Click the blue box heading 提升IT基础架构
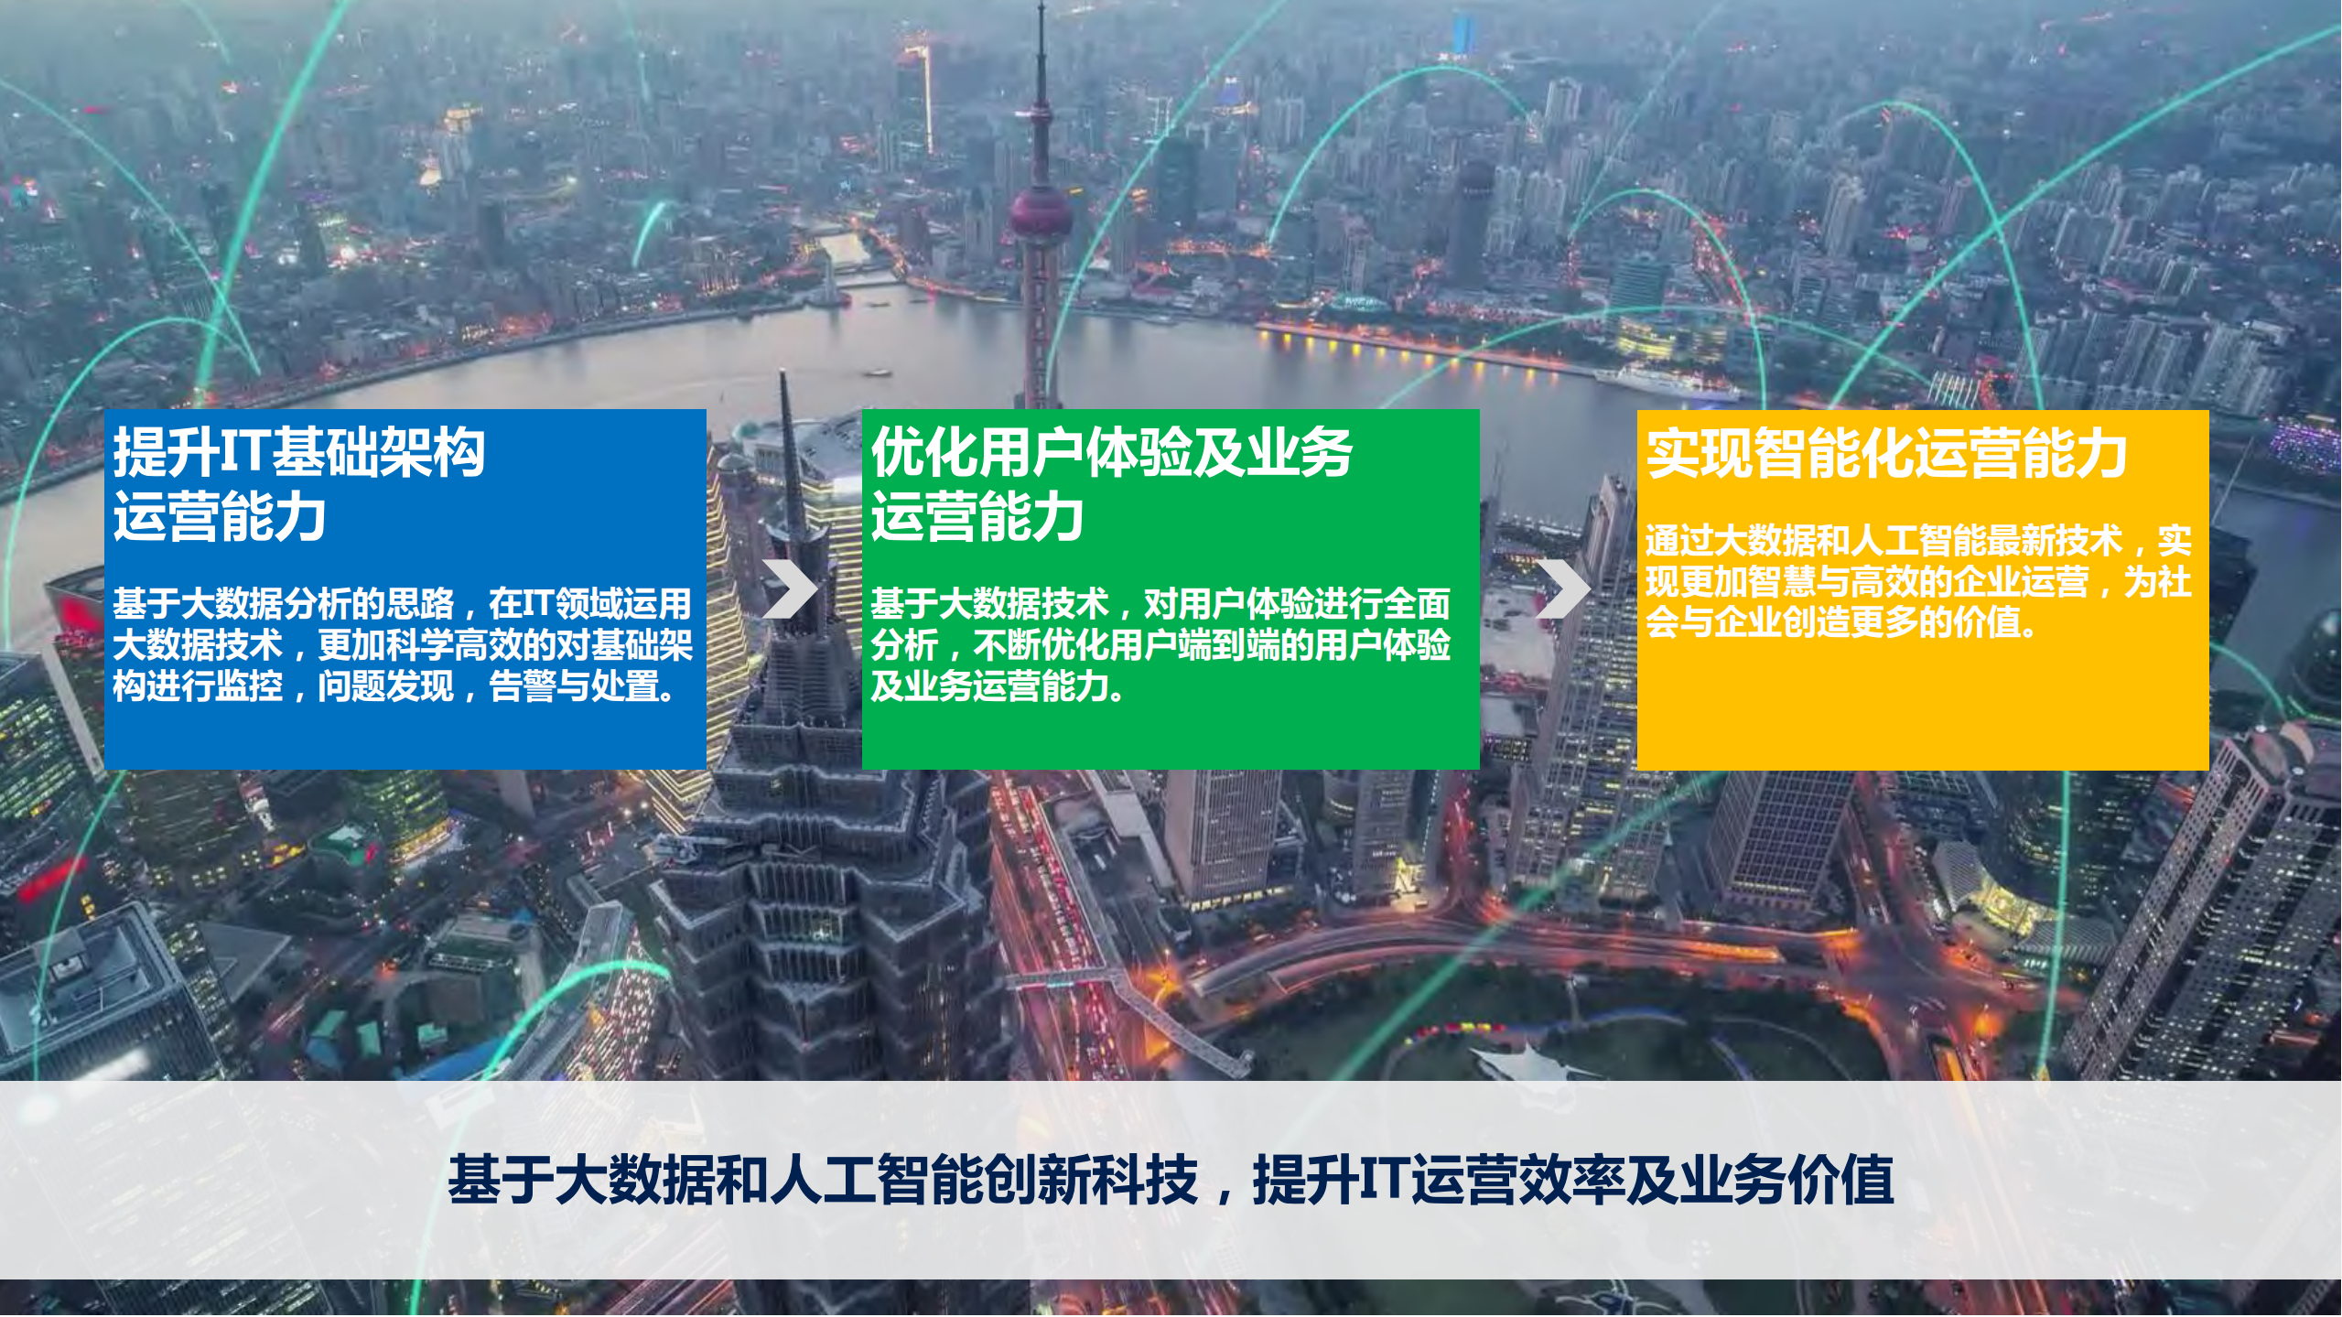[298, 453]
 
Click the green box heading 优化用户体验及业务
[1111, 453]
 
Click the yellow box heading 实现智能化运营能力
[1885, 454]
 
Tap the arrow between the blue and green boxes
[789, 588]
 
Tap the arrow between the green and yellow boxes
[1562, 588]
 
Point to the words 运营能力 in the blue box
[220, 517]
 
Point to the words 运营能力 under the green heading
[977, 517]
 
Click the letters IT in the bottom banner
[1384, 1180]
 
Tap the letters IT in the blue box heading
[243, 453]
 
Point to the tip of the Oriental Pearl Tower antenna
[1041, 7]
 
